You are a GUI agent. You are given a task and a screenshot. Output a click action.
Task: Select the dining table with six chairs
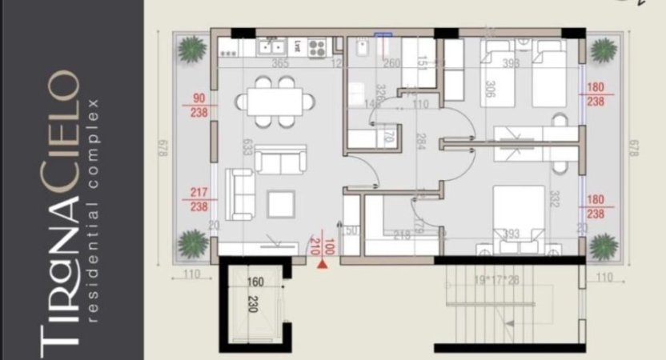275,102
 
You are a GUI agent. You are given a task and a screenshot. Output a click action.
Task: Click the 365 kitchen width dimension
279,64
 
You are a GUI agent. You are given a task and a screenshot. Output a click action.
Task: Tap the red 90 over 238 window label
199,106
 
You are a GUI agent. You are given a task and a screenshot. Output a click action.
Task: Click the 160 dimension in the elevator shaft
255,282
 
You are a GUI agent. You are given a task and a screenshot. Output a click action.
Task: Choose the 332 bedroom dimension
552,198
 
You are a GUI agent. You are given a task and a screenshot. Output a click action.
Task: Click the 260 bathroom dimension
392,64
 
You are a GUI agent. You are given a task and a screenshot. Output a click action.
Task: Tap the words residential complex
94,211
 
